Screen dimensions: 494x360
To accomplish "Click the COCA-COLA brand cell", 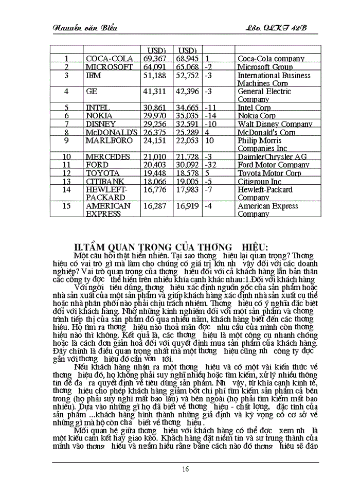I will pos(110,59).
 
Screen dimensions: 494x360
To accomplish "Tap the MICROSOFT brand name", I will pos(109,67).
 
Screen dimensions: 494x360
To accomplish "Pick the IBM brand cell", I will pos(94,76).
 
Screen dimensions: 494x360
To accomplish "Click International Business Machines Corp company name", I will pos(274,79).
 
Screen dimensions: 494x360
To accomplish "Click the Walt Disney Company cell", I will pos(275,124).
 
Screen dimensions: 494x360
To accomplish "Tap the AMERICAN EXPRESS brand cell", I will pos(108,210).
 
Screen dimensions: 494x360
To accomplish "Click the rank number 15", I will pos(67,206).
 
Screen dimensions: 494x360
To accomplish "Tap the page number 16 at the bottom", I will pos(185,469).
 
